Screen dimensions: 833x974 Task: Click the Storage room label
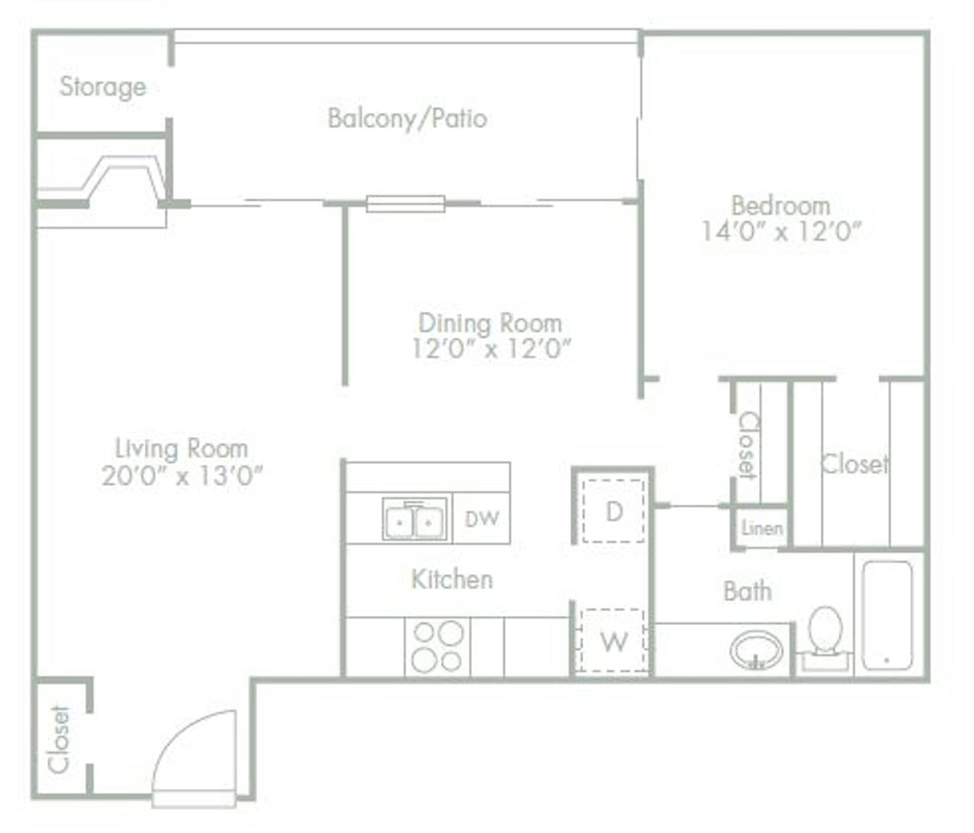click(103, 87)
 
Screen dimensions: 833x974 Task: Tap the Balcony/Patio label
click(407, 119)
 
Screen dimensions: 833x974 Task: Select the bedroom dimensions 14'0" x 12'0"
click(781, 232)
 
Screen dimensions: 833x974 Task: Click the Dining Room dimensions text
click(491, 349)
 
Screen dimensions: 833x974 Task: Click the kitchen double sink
click(414, 519)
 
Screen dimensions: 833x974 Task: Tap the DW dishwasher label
click(482, 518)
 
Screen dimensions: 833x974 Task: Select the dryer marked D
click(614, 511)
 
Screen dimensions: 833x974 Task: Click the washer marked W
click(614, 641)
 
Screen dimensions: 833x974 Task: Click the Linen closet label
click(761, 529)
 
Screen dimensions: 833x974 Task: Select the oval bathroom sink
click(756, 650)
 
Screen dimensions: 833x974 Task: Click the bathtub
click(887, 615)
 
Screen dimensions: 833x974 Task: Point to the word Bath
click(747, 592)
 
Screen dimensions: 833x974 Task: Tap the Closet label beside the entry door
click(58, 740)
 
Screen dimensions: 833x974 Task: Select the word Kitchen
click(452, 579)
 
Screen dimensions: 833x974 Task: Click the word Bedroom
click(781, 206)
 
